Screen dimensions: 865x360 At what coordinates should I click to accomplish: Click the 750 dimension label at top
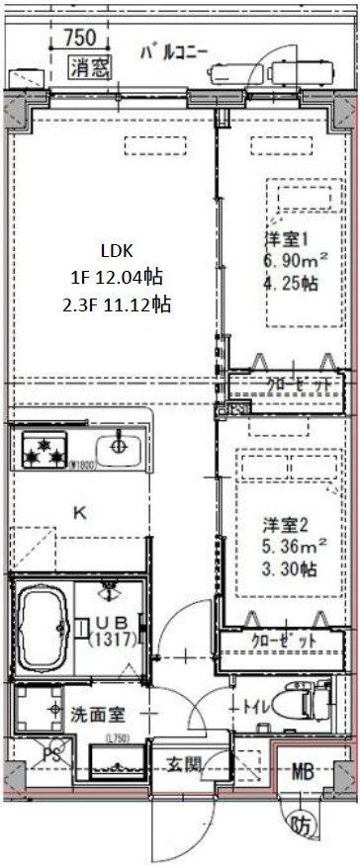78,39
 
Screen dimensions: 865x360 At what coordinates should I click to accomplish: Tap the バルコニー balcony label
173,50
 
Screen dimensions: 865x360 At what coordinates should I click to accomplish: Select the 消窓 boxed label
90,68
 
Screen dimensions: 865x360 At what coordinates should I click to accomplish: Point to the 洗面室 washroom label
96,714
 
